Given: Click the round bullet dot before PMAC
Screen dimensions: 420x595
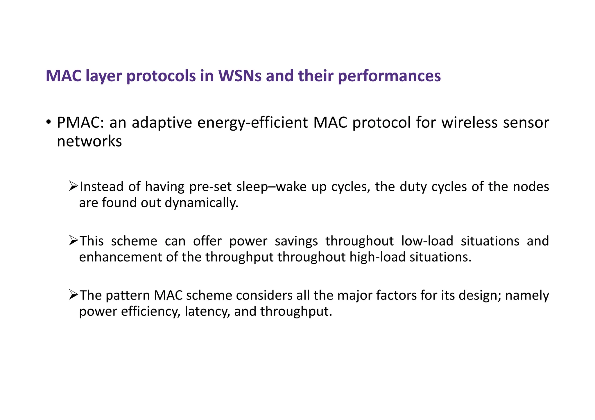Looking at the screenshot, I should pyautogui.click(x=49, y=121).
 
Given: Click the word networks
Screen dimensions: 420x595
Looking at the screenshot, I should pyautogui.click(x=89, y=141).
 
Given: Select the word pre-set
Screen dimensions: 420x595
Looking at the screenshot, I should pyautogui.click(x=210, y=187).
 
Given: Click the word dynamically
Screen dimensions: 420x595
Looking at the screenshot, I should pyautogui.click(x=201, y=203).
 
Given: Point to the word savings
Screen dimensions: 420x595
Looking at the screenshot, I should pyautogui.click(x=296, y=241).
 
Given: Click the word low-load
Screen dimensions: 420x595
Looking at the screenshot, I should pyautogui.click(x=427, y=241).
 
